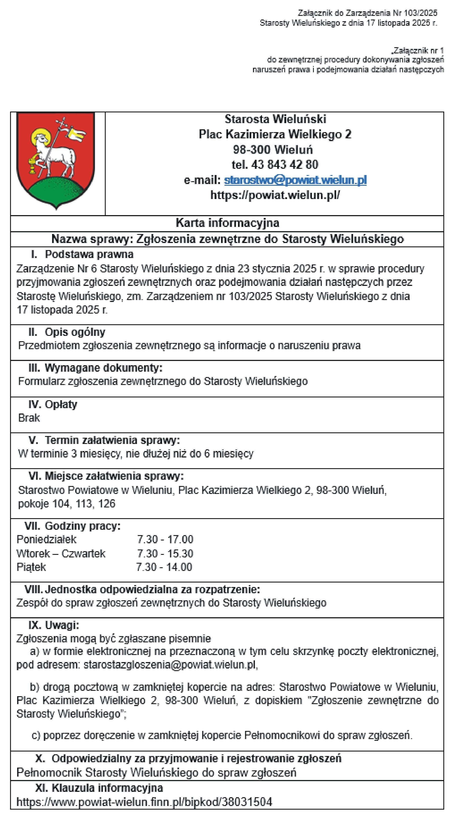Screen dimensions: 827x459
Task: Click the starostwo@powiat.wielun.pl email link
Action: (295, 180)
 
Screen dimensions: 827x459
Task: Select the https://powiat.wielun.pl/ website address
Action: (275, 195)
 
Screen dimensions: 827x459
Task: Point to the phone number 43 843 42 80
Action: (284, 165)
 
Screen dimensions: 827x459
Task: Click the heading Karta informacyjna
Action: (227, 223)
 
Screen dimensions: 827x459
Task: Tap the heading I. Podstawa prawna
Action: (82, 254)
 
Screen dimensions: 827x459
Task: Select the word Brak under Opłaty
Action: (29, 418)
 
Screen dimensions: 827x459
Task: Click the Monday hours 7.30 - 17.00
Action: (165, 539)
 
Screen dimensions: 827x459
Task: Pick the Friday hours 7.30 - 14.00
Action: (164, 567)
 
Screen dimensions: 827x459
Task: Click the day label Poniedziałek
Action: (47, 539)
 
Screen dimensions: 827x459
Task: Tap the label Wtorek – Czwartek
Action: (61, 554)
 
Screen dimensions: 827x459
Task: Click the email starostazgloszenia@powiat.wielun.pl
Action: (170, 665)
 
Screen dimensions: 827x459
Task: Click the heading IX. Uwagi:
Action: (54, 625)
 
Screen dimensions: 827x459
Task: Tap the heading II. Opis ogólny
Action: (67, 332)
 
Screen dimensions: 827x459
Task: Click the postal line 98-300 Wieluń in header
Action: (273, 150)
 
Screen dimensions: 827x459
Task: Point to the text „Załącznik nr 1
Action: (417, 50)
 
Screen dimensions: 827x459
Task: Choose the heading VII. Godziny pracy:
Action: (72, 526)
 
